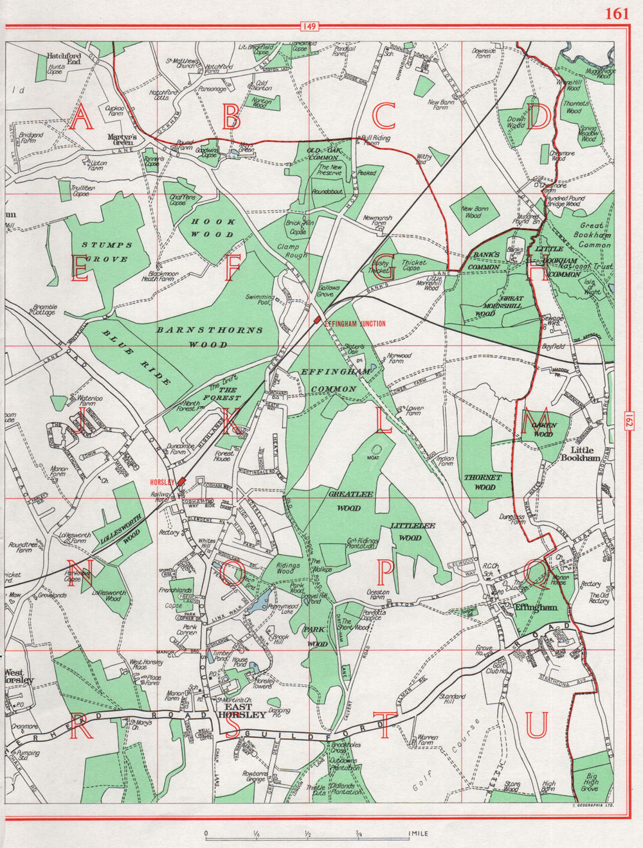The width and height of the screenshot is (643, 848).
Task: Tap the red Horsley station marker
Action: [183, 481]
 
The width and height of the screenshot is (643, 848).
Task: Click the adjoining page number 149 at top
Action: [309, 26]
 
